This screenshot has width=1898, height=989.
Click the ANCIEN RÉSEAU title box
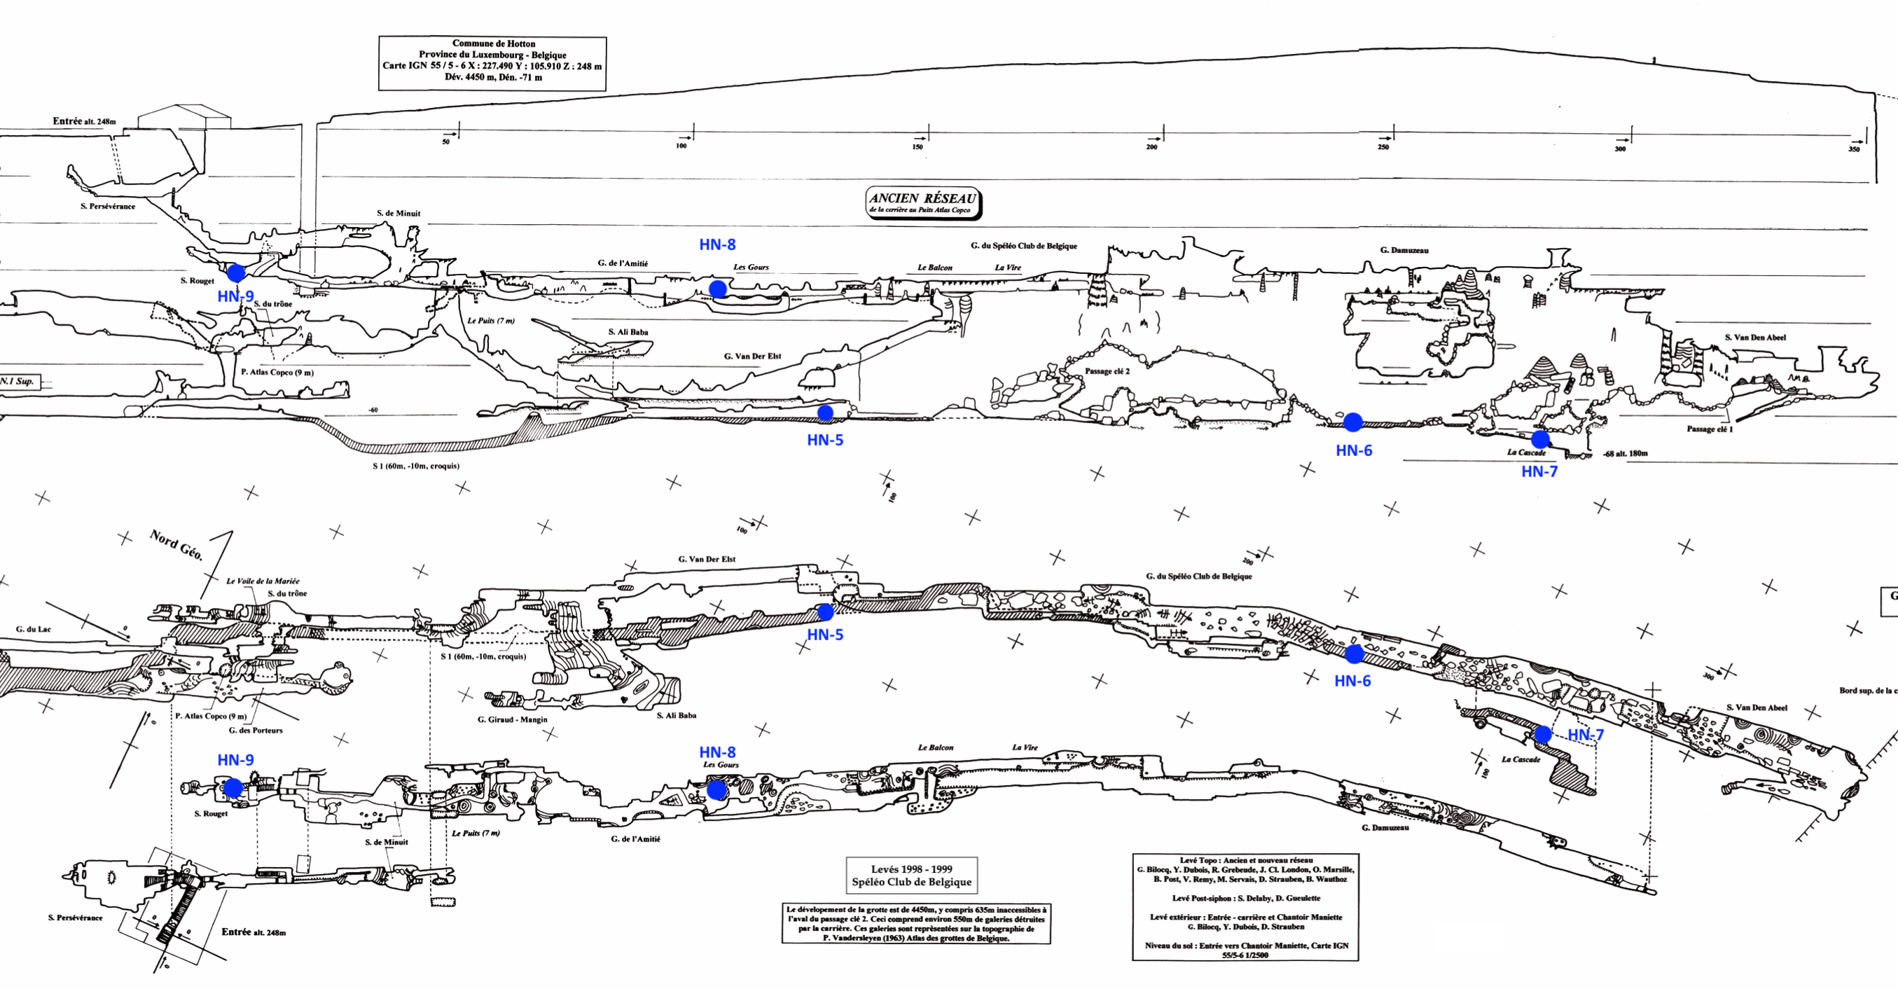point(922,202)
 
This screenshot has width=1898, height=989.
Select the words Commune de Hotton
point(494,43)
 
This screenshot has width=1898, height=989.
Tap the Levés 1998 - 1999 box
point(911,876)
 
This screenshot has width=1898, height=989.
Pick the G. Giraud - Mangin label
point(512,719)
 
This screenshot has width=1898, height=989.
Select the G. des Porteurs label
point(255,731)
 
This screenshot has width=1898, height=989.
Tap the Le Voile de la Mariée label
point(263,581)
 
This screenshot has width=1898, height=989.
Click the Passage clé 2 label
point(1107,371)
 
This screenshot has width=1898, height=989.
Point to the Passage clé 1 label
point(1710,429)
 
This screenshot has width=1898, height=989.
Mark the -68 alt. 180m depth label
point(1626,453)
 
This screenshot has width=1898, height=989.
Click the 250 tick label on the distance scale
point(1383,147)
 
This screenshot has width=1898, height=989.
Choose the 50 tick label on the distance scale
point(445,141)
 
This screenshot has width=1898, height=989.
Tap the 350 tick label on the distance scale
point(1854,150)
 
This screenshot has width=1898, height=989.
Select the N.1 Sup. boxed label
point(17,381)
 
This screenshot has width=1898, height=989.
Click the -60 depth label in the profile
point(373,410)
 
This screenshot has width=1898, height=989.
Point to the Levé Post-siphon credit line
point(1246,899)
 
